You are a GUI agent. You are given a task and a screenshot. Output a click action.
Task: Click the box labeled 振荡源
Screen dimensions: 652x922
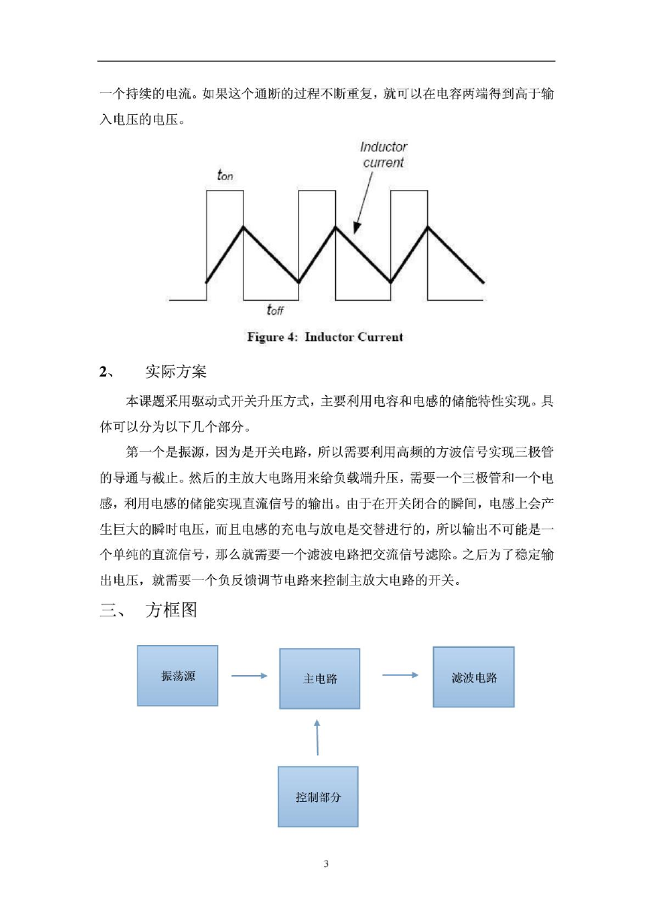[x=177, y=676]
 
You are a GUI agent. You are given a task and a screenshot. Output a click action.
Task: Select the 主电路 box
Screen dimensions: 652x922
[x=320, y=679]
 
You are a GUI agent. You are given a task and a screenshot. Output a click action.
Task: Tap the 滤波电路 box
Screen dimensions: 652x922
[x=474, y=677]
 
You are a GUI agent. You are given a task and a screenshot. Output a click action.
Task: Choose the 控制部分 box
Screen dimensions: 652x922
[x=318, y=797]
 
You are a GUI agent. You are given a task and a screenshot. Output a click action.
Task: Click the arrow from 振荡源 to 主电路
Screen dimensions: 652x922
[x=249, y=676]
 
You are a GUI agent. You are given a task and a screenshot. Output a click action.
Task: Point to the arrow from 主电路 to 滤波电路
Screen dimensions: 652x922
[x=400, y=675]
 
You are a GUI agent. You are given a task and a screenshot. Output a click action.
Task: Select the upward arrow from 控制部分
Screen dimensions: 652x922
[x=317, y=737]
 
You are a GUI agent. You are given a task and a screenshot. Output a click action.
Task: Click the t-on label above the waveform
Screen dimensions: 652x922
[x=225, y=176]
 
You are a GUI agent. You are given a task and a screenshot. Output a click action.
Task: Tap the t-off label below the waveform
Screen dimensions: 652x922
[x=275, y=309]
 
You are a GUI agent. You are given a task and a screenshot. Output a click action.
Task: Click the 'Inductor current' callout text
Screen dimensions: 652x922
[x=383, y=155]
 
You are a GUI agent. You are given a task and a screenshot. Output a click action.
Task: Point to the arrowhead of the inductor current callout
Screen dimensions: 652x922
[x=356, y=229]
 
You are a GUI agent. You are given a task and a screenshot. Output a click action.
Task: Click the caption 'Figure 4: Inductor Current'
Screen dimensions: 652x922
[x=325, y=336]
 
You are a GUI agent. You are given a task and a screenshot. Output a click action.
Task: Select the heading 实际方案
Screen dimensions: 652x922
[x=176, y=371]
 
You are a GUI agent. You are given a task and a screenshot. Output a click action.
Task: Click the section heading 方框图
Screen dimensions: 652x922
[x=171, y=610]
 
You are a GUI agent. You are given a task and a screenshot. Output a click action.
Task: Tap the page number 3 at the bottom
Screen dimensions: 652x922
[x=326, y=864]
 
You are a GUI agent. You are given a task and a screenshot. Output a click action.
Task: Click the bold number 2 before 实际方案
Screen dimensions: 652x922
[x=103, y=372]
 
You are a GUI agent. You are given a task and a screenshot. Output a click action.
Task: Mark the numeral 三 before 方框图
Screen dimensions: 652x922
[x=108, y=610]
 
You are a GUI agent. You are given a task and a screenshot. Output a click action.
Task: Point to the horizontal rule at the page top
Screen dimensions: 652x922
[x=326, y=62]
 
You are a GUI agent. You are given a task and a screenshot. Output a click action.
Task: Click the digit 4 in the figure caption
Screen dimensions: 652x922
[x=291, y=336]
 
